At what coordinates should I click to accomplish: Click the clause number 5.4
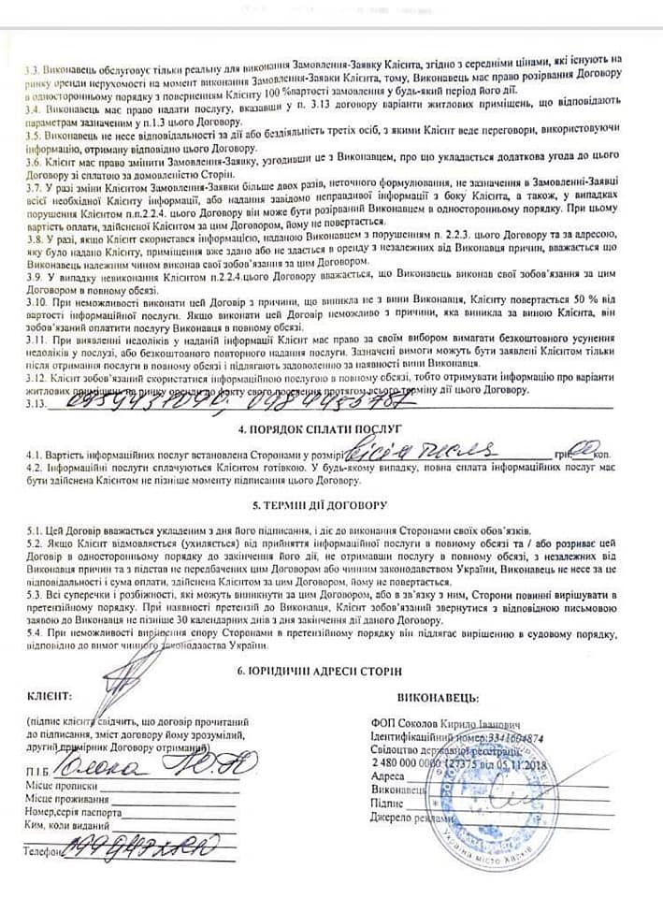point(35,632)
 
